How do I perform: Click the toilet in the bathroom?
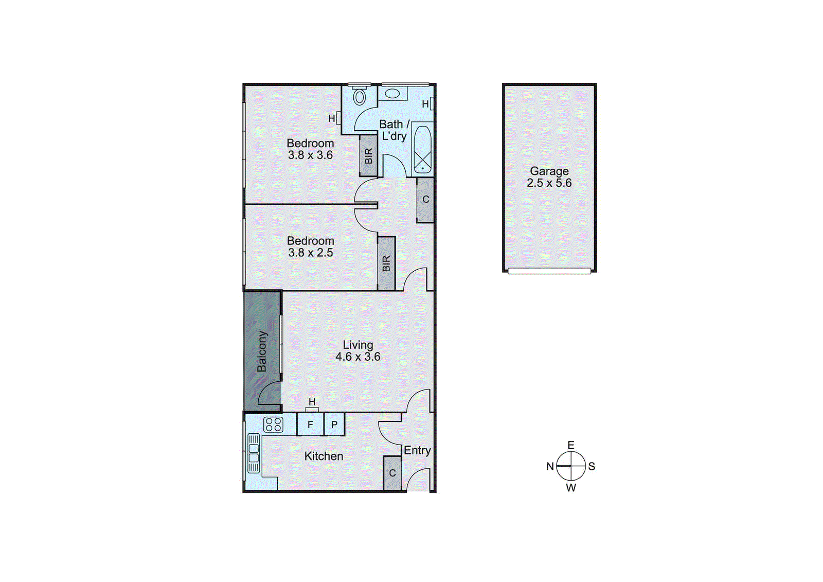360,96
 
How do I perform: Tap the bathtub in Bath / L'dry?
422,149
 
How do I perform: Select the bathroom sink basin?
392,94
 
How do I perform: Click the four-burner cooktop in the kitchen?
273,425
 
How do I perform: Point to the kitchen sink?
254,453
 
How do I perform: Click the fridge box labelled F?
310,425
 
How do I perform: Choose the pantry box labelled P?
334,425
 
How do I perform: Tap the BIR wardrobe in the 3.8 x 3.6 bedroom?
368,155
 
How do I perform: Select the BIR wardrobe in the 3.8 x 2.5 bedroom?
386,263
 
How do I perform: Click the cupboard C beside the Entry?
392,473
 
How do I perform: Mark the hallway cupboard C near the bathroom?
425,200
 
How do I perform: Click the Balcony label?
262,351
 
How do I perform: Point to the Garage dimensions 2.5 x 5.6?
549,183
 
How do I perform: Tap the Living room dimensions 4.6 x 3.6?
358,357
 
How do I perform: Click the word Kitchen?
324,456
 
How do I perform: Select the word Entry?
417,450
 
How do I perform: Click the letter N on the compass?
550,466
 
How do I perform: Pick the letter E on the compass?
571,445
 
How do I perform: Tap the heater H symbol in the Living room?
312,402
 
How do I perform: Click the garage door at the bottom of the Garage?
549,271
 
